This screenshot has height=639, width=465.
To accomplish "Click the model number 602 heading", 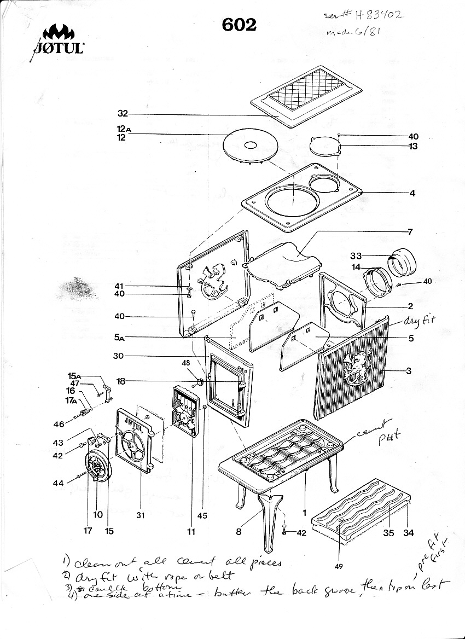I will (x=239, y=25).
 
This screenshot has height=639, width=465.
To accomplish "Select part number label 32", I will (x=123, y=114).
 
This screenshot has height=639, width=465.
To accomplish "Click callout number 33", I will (x=357, y=255).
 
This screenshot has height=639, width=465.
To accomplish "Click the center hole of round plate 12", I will (x=250, y=146).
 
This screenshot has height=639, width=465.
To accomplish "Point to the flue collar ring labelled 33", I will (x=404, y=263).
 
